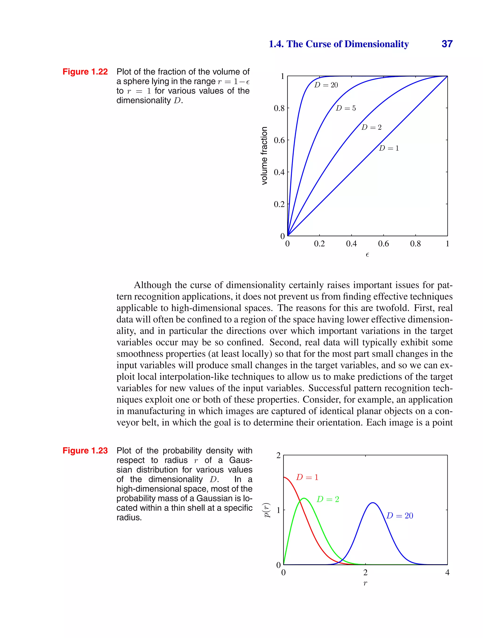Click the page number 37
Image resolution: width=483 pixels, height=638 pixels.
[x=447, y=44]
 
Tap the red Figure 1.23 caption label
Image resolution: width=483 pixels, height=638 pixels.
[x=85, y=451]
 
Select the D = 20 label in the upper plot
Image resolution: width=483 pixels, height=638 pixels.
[x=326, y=85]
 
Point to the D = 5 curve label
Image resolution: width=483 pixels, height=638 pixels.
[x=346, y=108]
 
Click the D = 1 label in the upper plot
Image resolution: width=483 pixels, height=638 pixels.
[x=389, y=148]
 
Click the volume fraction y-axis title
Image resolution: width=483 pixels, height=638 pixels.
[x=264, y=156]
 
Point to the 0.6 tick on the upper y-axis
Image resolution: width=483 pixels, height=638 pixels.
[x=279, y=141]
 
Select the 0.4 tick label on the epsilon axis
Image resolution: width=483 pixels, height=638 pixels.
[x=351, y=244]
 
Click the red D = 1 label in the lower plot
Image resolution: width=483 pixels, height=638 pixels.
[x=307, y=478]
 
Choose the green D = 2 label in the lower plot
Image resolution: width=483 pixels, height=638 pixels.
[x=328, y=499]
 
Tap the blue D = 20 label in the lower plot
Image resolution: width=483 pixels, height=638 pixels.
[x=400, y=516]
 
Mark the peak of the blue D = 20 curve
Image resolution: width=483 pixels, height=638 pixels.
[x=373, y=503]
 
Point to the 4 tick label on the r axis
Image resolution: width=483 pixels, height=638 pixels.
[x=447, y=573]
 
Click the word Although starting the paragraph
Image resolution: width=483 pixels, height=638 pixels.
[x=153, y=285]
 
